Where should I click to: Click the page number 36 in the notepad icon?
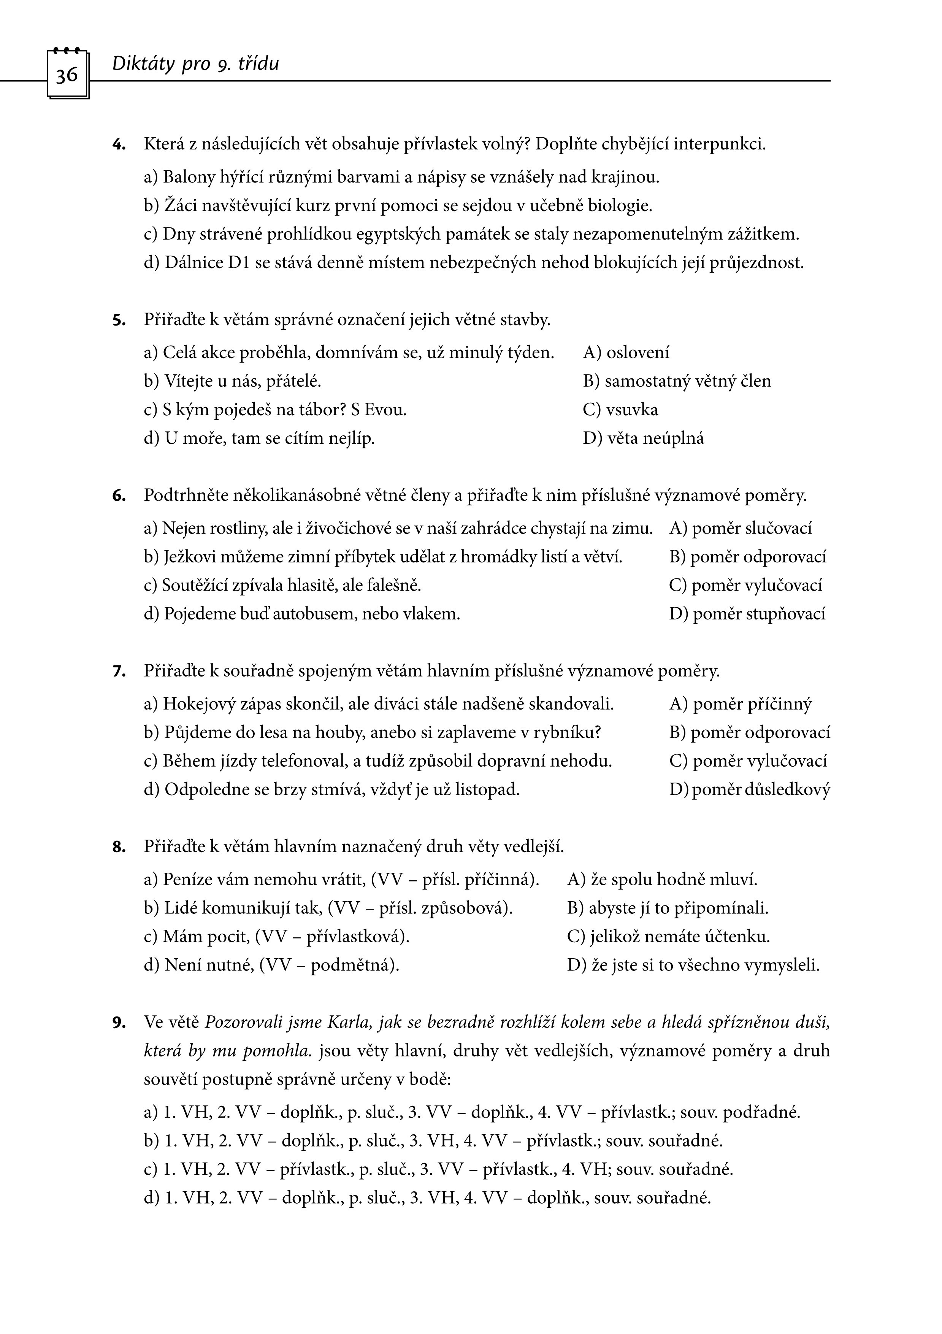point(67,75)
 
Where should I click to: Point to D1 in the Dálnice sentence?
point(238,263)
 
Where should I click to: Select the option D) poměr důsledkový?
point(749,789)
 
